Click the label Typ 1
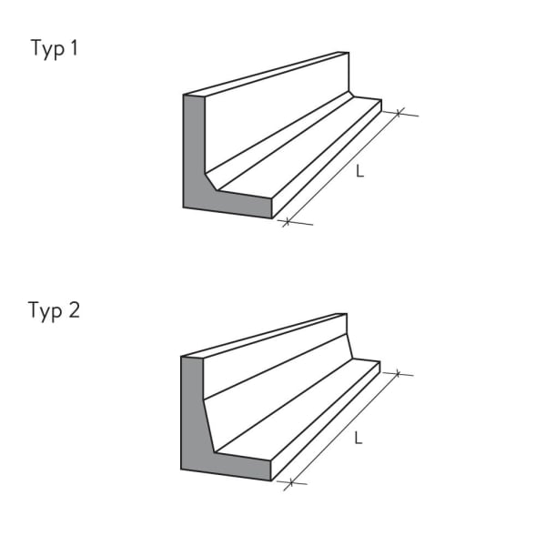[54, 50]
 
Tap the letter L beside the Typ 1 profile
[359, 170]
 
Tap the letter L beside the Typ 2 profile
[358, 438]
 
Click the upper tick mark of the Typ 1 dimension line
[399, 113]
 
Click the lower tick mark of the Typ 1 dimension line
[286, 221]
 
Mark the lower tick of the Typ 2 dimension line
[288, 484]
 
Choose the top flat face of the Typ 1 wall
[264, 74]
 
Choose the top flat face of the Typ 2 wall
[264, 335]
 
